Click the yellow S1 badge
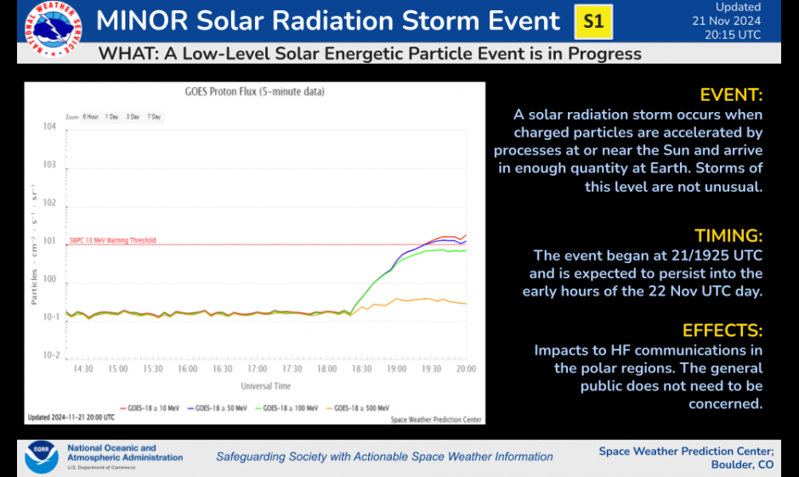[x=593, y=22]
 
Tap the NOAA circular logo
[x=41, y=456]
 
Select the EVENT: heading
[x=731, y=95]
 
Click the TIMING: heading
[x=728, y=236]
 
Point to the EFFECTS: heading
[x=722, y=331]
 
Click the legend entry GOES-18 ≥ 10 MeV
[x=150, y=408]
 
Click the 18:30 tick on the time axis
[x=362, y=369]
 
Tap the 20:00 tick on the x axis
[x=466, y=369]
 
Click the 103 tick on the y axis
[x=50, y=165]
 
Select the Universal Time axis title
[x=265, y=385]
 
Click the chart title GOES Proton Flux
[x=254, y=91]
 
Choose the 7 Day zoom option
[x=154, y=116]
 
